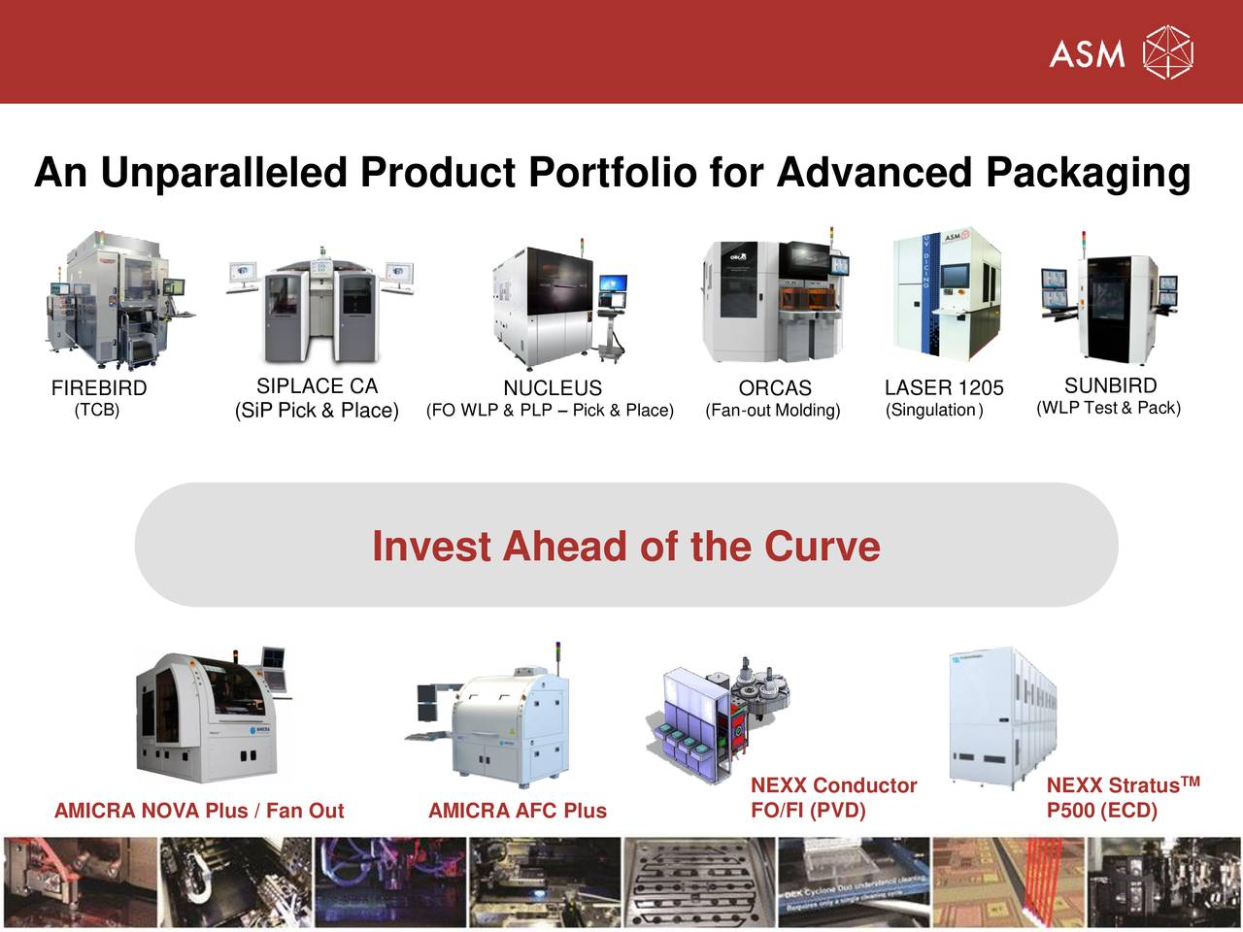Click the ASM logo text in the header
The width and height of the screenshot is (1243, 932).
tap(1087, 52)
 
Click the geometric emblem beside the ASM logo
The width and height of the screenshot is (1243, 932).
tap(1167, 52)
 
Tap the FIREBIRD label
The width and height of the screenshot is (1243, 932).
tap(99, 388)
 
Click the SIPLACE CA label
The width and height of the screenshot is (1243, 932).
tap(317, 386)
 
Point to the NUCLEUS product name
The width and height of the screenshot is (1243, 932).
tap(552, 388)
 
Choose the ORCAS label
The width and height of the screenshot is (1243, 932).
tap(774, 388)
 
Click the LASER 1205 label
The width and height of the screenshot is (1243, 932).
tap(944, 388)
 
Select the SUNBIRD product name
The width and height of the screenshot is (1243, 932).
tap(1110, 385)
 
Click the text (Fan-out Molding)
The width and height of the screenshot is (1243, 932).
tap(773, 411)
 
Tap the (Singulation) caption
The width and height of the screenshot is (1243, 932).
tap(934, 411)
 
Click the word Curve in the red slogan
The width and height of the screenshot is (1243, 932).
tap(822, 547)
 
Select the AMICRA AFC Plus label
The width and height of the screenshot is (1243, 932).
tap(517, 811)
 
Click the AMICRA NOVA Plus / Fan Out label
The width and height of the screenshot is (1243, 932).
tap(199, 811)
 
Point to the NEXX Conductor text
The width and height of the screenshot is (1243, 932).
tap(833, 785)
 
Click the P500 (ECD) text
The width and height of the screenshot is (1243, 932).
tap(1101, 810)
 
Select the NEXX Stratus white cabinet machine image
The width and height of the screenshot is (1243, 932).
tap(1003, 718)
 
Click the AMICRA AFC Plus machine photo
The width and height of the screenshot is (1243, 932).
tap(495, 718)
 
